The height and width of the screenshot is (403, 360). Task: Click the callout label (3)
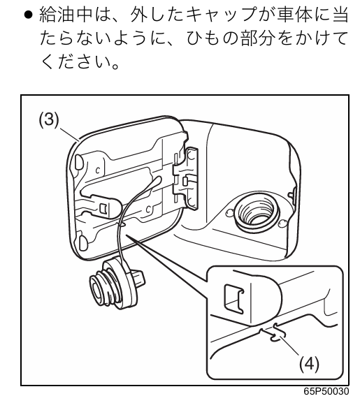click(x=49, y=120)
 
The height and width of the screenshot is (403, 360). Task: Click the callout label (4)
click(x=309, y=364)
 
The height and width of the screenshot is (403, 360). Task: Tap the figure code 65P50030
click(x=326, y=391)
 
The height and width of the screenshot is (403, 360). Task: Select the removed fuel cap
click(x=116, y=284)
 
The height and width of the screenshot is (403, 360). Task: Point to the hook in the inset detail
click(x=275, y=333)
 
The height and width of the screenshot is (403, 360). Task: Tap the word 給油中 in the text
click(x=65, y=14)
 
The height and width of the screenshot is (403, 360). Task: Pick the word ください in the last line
click(x=77, y=61)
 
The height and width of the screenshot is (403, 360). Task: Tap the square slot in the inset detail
click(x=234, y=299)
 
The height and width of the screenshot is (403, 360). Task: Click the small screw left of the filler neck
click(x=229, y=213)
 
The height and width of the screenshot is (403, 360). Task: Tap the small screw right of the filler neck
click(x=283, y=223)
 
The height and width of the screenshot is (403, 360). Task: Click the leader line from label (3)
click(x=69, y=133)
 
